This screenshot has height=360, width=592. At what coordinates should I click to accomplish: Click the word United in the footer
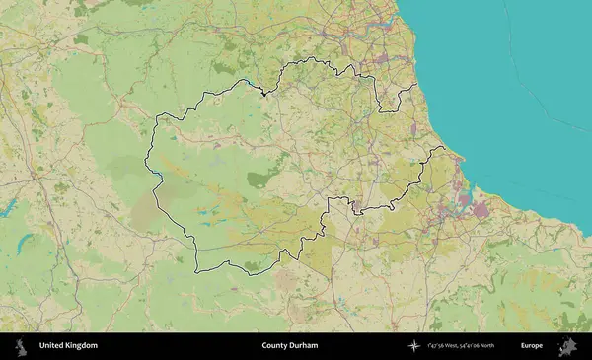[x=53, y=346]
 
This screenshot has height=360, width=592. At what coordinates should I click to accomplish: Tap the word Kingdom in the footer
[x=82, y=346]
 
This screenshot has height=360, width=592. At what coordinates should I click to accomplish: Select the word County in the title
[x=276, y=346]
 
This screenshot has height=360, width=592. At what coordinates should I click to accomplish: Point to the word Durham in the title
[x=305, y=346]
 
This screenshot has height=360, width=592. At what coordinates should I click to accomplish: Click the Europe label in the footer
[x=532, y=346]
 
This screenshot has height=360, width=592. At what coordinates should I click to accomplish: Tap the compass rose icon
[x=414, y=346]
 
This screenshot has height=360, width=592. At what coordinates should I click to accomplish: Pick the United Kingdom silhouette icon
[x=20, y=346]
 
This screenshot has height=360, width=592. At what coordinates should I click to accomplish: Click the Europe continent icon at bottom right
[x=568, y=346]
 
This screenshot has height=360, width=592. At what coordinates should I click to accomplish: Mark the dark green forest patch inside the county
[x=259, y=179]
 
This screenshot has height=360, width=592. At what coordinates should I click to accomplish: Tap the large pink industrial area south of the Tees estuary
[x=481, y=209]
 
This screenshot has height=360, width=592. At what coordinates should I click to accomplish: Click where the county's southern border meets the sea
[x=441, y=149]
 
